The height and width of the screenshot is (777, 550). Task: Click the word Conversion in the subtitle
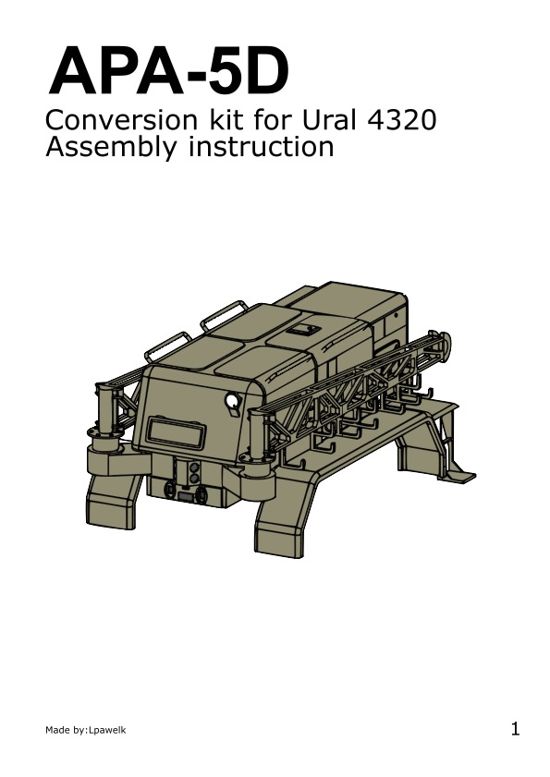[121, 120]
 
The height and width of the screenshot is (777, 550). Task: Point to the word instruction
[261, 147]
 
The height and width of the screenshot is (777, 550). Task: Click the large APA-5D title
[168, 70]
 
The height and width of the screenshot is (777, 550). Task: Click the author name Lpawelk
[106, 730]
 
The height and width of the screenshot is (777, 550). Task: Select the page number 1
[515, 729]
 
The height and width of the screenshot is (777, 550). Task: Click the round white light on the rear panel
[232, 399]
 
